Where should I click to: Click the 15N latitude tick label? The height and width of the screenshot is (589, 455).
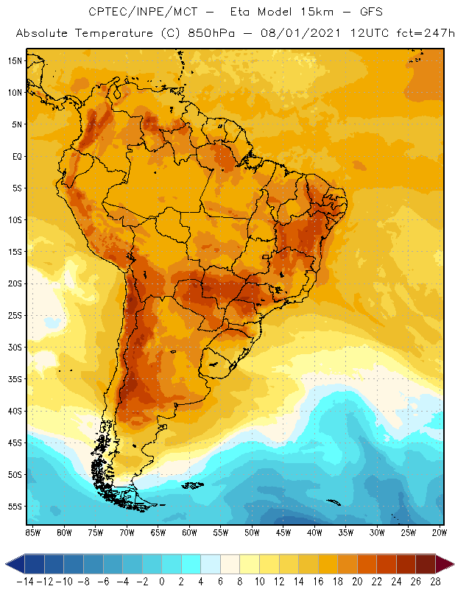pos(15,60)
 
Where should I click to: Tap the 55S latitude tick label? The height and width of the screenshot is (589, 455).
pos(15,506)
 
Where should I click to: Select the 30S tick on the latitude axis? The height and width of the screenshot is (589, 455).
pos(15,347)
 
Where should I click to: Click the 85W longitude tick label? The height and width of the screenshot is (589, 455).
pos(32,532)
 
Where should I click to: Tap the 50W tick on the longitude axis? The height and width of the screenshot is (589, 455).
pos(252,532)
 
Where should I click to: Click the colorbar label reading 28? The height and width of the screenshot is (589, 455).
pos(436,581)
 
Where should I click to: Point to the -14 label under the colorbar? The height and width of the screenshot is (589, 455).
pos(24,581)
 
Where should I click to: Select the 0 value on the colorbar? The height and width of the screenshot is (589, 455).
pos(162,581)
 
